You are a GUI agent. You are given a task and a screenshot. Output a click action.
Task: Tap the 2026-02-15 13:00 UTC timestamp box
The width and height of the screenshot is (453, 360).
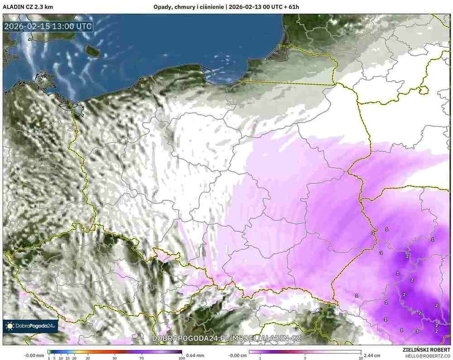(x=48, y=26)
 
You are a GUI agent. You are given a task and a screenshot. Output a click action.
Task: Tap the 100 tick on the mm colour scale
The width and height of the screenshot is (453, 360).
(x=182, y=358)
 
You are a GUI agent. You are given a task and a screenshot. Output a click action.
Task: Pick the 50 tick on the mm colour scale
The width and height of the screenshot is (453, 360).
(x=115, y=358)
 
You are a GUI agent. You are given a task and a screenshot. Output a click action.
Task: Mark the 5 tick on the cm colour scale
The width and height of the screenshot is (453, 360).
(x=305, y=358)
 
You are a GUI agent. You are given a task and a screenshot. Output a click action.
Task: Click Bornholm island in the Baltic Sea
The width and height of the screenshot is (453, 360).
(x=93, y=51)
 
